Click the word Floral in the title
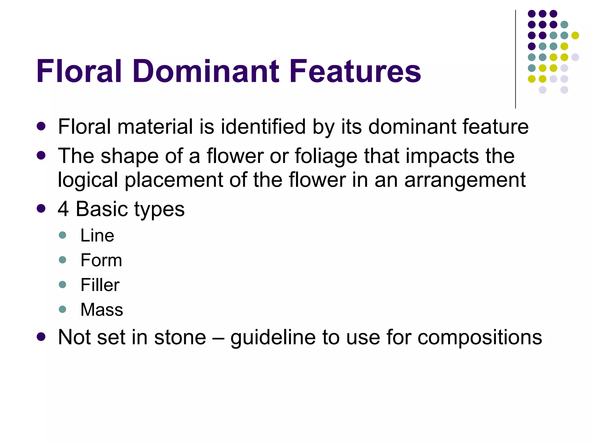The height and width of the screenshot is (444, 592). tap(79, 71)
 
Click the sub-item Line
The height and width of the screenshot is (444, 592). tap(97, 235)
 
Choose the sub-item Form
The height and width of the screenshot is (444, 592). tap(101, 260)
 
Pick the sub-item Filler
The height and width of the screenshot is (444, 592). tap(100, 285)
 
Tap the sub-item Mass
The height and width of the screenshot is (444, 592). tap(102, 310)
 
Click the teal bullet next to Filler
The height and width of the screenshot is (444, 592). tap(62, 284)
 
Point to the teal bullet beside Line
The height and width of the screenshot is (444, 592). tap(62, 235)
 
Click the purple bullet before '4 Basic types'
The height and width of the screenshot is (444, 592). tap(41, 208)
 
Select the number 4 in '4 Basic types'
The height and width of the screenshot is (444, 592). tap(63, 209)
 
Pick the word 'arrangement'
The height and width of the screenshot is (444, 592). tap(465, 180)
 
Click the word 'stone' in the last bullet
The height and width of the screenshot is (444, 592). tap(180, 337)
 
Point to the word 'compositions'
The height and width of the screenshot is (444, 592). tap(480, 338)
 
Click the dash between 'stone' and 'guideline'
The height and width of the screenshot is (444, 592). tap(218, 338)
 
